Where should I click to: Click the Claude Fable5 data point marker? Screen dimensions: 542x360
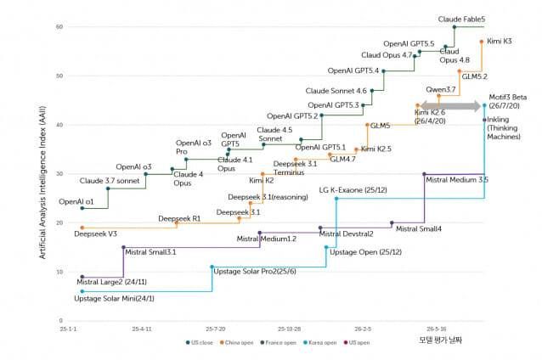pos(454,27)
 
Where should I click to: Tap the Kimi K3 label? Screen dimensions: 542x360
pos(500,41)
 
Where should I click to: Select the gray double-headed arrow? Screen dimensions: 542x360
pos(451,106)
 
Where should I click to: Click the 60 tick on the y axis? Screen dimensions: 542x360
pos(59,26)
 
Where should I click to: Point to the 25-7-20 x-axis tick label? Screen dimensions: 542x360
pos(215,329)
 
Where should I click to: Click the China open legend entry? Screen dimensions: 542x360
pos(236,342)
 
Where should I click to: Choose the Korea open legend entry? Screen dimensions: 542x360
pos(319,342)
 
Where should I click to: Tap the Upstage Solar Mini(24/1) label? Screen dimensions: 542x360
pos(114,299)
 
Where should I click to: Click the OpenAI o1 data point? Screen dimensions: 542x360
pos(82,208)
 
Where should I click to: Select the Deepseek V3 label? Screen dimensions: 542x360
pos(95,233)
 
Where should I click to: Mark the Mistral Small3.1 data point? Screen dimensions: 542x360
pos(123,247)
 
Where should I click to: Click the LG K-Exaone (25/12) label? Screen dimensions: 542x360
pos(353,190)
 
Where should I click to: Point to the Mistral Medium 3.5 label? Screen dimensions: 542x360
pos(457,180)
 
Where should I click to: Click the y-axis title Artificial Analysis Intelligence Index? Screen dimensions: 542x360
pos(42,183)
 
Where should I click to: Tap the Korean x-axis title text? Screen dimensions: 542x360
pos(440,340)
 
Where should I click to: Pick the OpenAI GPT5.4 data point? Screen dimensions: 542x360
pos(383,71)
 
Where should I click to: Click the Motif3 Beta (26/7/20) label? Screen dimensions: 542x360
pos(507,101)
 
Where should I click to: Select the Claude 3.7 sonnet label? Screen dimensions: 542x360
pos(110,181)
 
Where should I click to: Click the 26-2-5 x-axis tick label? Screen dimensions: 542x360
pos(363,329)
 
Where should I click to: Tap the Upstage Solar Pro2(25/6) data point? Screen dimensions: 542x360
pos(212,267)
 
